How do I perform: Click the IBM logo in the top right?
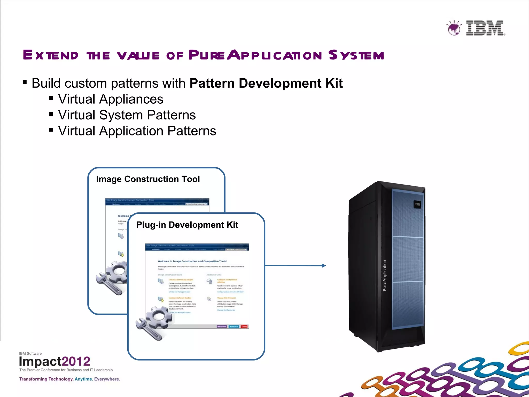(485, 28)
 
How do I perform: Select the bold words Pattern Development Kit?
(266, 83)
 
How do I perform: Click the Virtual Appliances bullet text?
(111, 99)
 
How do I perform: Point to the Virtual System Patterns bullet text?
(127, 115)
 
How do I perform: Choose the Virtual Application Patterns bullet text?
(137, 131)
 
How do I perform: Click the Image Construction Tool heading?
(148, 179)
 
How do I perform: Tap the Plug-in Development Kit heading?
(187, 225)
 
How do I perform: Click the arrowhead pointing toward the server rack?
(323, 265)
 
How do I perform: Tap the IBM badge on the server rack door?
(417, 204)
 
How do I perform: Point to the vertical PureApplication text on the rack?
(385, 276)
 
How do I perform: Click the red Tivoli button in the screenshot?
(244, 326)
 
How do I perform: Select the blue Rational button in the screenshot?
(234, 326)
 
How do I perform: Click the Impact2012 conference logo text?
(55, 361)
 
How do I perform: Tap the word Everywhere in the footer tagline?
(107, 379)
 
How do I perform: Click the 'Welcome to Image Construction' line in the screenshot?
(192, 261)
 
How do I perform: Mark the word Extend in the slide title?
(51, 55)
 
